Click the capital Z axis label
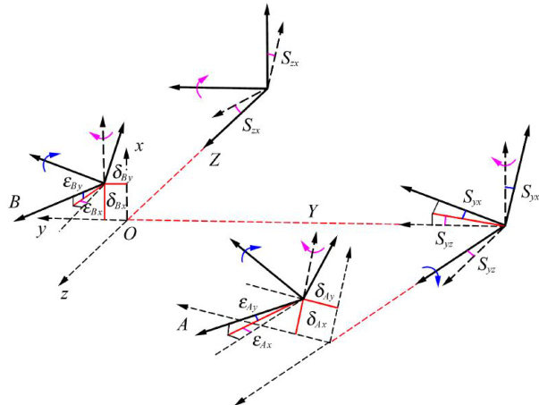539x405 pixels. (x=215, y=159)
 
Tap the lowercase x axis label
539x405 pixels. (x=138, y=144)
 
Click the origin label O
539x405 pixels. (x=131, y=233)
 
